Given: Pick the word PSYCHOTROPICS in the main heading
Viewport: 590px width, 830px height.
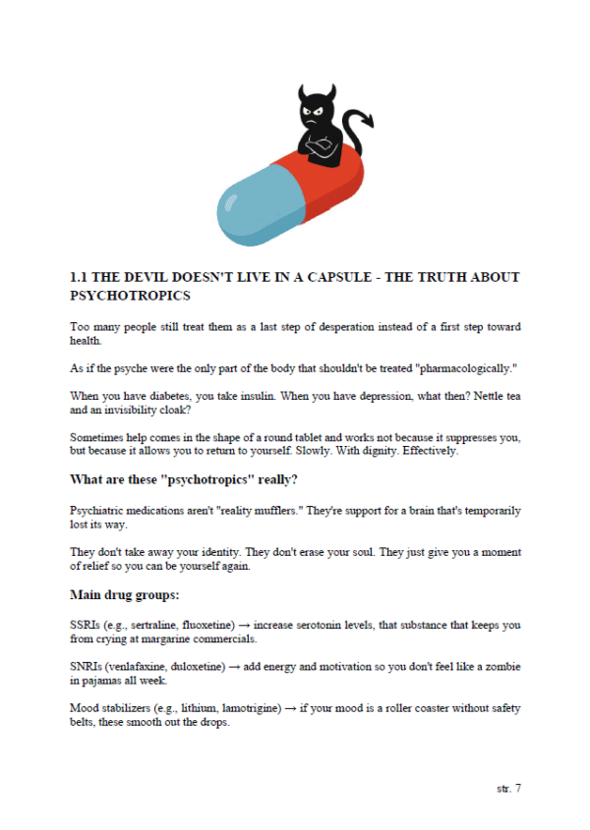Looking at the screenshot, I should click(130, 295).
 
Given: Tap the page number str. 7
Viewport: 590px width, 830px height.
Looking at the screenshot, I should click(507, 788).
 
